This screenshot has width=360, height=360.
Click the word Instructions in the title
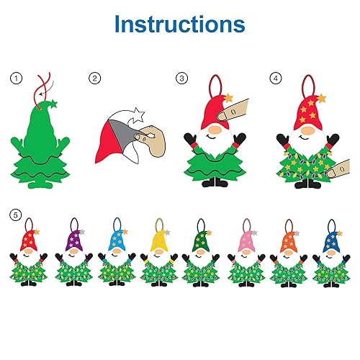click(180, 24)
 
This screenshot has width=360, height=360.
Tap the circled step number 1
click(17, 78)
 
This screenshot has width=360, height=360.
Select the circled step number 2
click(95, 78)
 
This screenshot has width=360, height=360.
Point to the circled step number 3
click(181, 78)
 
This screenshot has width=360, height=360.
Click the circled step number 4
click(276, 78)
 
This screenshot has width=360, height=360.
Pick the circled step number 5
click(16, 215)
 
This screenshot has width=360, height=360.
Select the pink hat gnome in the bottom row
click(246, 253)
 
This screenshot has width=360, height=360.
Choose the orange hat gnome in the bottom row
click(289, 253)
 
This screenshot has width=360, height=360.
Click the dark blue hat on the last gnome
click(332, 242)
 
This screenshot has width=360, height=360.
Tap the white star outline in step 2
click(139, 114)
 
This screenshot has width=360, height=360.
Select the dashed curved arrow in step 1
click(49, 89)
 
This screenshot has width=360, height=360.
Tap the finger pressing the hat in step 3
click(233, 111)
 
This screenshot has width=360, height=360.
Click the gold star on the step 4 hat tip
click(322, 99)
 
